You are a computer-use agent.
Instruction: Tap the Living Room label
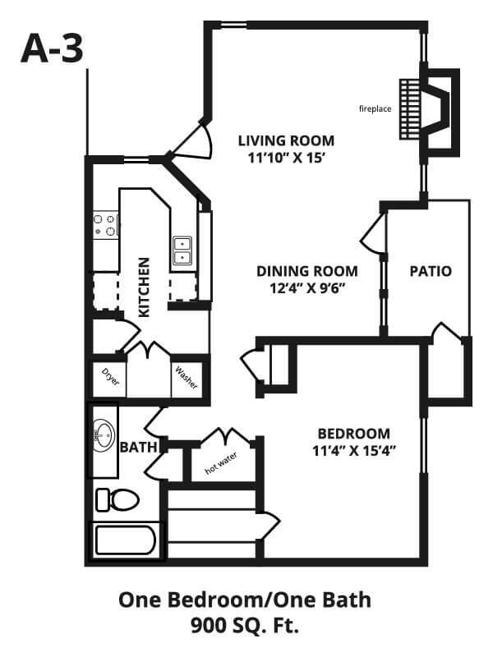point(287,139)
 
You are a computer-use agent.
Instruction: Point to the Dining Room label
point(307,271)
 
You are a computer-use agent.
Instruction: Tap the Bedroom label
point(354,434)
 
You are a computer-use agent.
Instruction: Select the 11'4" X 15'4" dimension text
point(354,450)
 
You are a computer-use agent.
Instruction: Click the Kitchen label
point(145,287)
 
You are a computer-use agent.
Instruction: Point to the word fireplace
point(376,108)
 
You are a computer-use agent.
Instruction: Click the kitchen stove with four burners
point(105,225)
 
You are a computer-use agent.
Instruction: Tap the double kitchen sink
point(182,250)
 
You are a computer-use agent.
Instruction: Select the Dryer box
point(109,377)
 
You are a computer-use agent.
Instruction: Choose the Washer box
point(186,379)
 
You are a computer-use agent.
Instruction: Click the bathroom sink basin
point(103,434)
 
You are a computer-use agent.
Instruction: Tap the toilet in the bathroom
point(117,499)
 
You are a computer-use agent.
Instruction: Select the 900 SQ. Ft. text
point(245,628)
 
